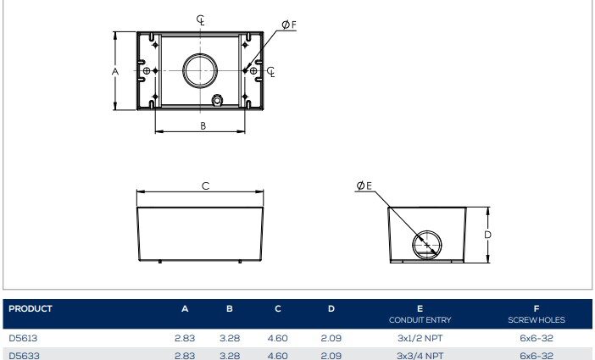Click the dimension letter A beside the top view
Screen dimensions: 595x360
(115, 71)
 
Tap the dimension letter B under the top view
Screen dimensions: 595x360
(203, 125)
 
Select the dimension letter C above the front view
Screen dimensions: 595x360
(205, 186)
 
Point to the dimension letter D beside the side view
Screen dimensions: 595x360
(487, 235)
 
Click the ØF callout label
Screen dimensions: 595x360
(289, 25)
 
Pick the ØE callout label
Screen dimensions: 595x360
(364, 186)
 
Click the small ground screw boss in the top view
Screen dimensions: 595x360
(217, 101)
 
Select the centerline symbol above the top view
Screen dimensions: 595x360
(201, 19)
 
